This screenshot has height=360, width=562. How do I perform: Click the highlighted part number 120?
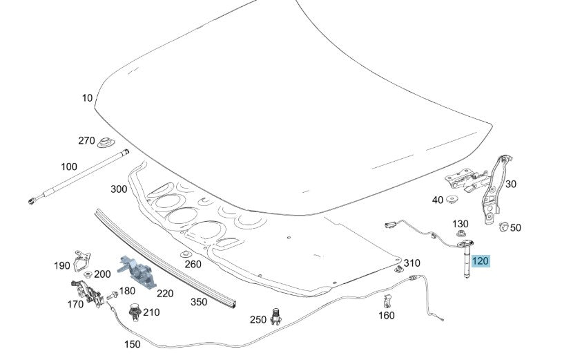point(480,260)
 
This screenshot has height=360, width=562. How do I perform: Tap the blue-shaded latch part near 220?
point(137,272)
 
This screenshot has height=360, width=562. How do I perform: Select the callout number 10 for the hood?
point(87,98)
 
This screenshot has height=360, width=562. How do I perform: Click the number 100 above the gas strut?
point(69,167)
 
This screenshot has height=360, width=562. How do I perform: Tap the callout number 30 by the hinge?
point(511,184)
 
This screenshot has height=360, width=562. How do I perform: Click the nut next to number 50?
point(503,226)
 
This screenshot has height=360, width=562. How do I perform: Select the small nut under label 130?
point(461,234)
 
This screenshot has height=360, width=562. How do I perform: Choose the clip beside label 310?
point(398,269)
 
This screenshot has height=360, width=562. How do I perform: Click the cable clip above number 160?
point(387,301)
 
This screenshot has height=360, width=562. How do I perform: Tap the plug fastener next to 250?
point(275,316)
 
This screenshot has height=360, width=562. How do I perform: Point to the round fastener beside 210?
point(135,312)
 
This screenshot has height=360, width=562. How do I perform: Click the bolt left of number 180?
point(112,295)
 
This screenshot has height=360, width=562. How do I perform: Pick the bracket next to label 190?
point(81,260)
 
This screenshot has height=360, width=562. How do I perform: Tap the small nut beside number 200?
point(88,274)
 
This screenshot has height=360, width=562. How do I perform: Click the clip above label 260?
point(185,254)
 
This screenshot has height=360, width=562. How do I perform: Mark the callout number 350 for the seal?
point(199,302)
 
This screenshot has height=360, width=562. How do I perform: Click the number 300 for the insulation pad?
point(119,189)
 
